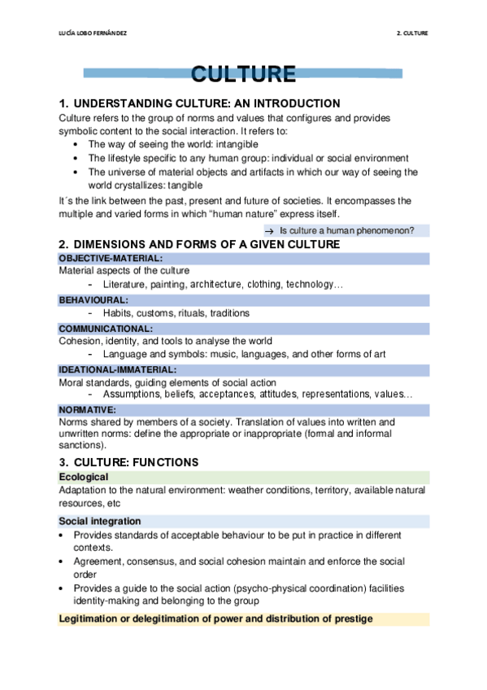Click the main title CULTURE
click(x=243, y=76)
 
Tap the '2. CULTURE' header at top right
click(x=411, y=33)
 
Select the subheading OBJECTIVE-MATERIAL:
click(x=111, y=258)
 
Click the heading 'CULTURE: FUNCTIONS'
click(x=135, y=462)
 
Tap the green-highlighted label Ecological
click(x=84, y=477)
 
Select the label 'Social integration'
click(x=100, y=521)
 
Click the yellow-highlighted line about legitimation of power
click(x=215, y=618)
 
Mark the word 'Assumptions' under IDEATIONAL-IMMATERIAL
click(x=131, y=395)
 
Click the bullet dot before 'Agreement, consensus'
click(x=63, y=562)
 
